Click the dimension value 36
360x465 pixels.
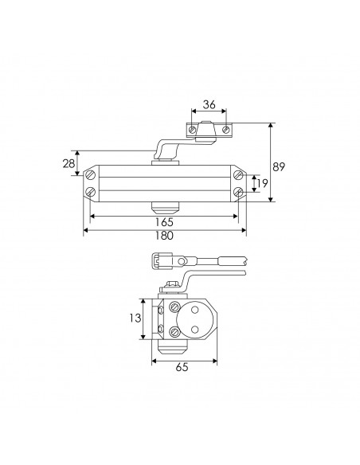209,104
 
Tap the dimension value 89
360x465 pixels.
279,167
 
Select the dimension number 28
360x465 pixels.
68,163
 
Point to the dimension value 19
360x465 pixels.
263,183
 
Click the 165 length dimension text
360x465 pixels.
164,222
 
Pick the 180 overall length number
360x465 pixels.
164,236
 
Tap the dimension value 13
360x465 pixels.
135,318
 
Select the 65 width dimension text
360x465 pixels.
182,367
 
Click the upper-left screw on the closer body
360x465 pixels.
91,175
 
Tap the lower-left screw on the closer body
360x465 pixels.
91,192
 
